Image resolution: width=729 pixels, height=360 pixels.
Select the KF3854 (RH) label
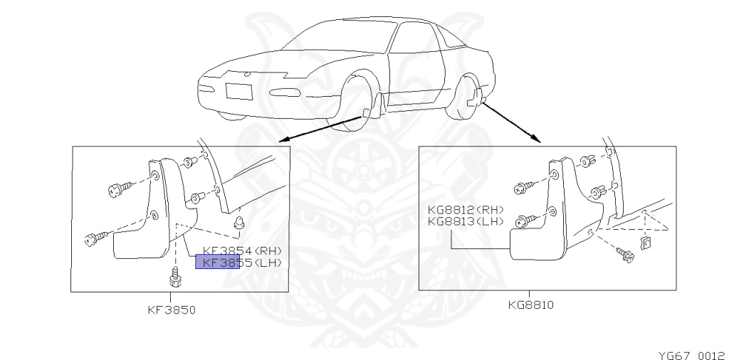tap(242, 250)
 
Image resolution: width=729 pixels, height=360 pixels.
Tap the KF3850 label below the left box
tap(172, 309)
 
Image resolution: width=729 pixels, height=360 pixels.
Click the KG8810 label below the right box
tap(530, 305)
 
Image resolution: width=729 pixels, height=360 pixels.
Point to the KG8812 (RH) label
tap(466, 210)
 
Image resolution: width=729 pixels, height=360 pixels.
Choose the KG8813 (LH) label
tap(466, 221)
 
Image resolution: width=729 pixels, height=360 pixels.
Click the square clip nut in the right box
tap(646, 244)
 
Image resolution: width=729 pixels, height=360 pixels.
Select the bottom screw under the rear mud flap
tap(626, 254)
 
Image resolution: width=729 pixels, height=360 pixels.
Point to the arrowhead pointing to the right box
tap(535, 140)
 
